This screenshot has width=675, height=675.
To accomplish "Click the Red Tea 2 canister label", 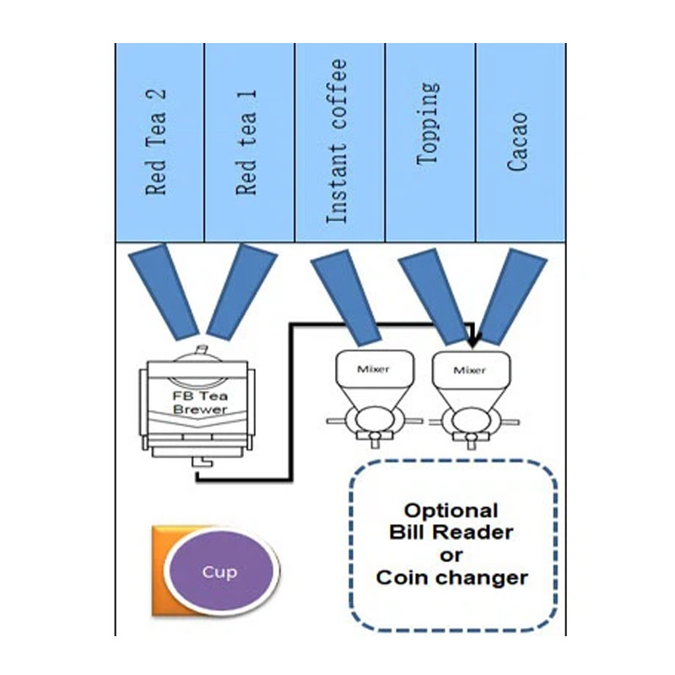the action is [x=156, y=142].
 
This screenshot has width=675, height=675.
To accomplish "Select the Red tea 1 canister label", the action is [x=246, y=143].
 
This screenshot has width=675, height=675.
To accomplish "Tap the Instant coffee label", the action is [x=337, y=141].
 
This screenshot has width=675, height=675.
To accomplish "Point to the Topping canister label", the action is [x=429, y=123].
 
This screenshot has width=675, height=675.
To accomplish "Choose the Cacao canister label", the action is [x=517, y=142].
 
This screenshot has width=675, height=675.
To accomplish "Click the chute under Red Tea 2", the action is [x=164, y=292].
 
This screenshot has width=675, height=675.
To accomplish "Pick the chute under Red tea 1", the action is [x=242, y=292].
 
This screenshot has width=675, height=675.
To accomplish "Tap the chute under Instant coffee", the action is [x=346, y=298].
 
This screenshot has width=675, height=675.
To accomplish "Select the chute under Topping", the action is [x=435, y=297].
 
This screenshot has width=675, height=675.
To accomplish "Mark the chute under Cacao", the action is [x=513, y=297].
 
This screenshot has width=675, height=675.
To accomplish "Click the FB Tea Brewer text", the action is [x=200, y=402].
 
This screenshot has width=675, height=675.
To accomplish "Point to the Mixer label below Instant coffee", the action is [x=373, y=369].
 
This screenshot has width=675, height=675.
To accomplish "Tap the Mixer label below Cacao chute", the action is [x=470, y=370].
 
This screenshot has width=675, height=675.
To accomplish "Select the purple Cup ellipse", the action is [x=221, y=571].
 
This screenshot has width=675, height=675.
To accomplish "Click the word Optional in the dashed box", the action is [x=451, y=510].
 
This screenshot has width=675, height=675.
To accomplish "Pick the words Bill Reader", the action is [x=451, y=532].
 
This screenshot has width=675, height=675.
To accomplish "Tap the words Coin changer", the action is [x=452, y=578].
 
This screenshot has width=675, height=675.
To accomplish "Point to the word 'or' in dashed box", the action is [x=451, y=556].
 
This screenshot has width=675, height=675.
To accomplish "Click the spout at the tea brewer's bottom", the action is [x=202, y=462].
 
